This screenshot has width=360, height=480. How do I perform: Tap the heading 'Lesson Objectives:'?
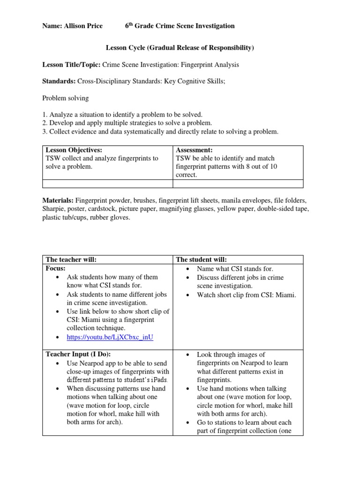[74, 150]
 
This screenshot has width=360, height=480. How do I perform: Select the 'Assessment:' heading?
[194, 150]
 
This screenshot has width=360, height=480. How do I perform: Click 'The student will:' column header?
[202, 260]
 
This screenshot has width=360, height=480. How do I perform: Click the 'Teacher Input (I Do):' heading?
[81, 355]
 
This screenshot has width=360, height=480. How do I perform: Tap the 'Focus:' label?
[55, 269]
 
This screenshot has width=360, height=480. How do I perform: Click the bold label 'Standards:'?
[59, 81]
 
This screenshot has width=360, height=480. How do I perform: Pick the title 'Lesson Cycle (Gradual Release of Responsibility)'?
[180, 48]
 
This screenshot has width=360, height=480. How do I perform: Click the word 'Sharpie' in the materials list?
[54, 209]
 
